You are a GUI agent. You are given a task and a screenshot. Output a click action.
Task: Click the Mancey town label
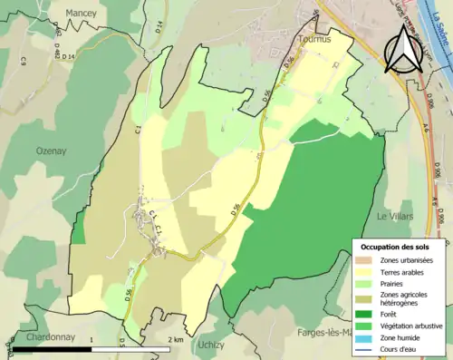[81, 15]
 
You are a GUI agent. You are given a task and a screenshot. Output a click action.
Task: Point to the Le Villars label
[395, 217]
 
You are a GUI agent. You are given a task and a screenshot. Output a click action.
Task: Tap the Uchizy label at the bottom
[211, 345]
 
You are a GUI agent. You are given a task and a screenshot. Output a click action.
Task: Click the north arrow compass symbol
[401, 50]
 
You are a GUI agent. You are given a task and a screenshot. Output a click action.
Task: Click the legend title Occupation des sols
[395, 246]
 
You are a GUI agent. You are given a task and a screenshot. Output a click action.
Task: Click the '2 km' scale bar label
[178, 339]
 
